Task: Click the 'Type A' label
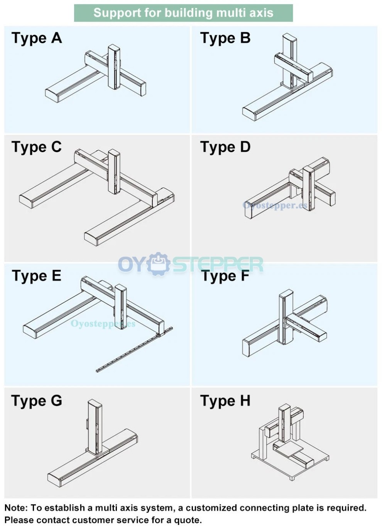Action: [x=37, y=38]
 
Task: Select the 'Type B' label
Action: [x=225, y=38]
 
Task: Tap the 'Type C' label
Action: [x=37, y=147]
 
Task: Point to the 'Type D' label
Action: [x=225, y=147]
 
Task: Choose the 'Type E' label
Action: [x=37, y=276]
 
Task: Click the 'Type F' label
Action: [x=225, y=276]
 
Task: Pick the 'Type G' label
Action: [x=37, y=401]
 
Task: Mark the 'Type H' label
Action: [x=225, y=401]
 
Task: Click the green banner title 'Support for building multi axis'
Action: [x=183, y=13]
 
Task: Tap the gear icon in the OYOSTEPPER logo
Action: [x=159, y=264]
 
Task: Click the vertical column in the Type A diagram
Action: [x=114, y=67]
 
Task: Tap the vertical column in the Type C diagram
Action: [x=114, y=171]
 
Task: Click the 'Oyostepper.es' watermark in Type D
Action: [x=275, y=205]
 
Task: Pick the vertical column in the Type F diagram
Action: [x=286, y=317]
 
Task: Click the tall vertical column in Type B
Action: [x=289, y=58]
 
